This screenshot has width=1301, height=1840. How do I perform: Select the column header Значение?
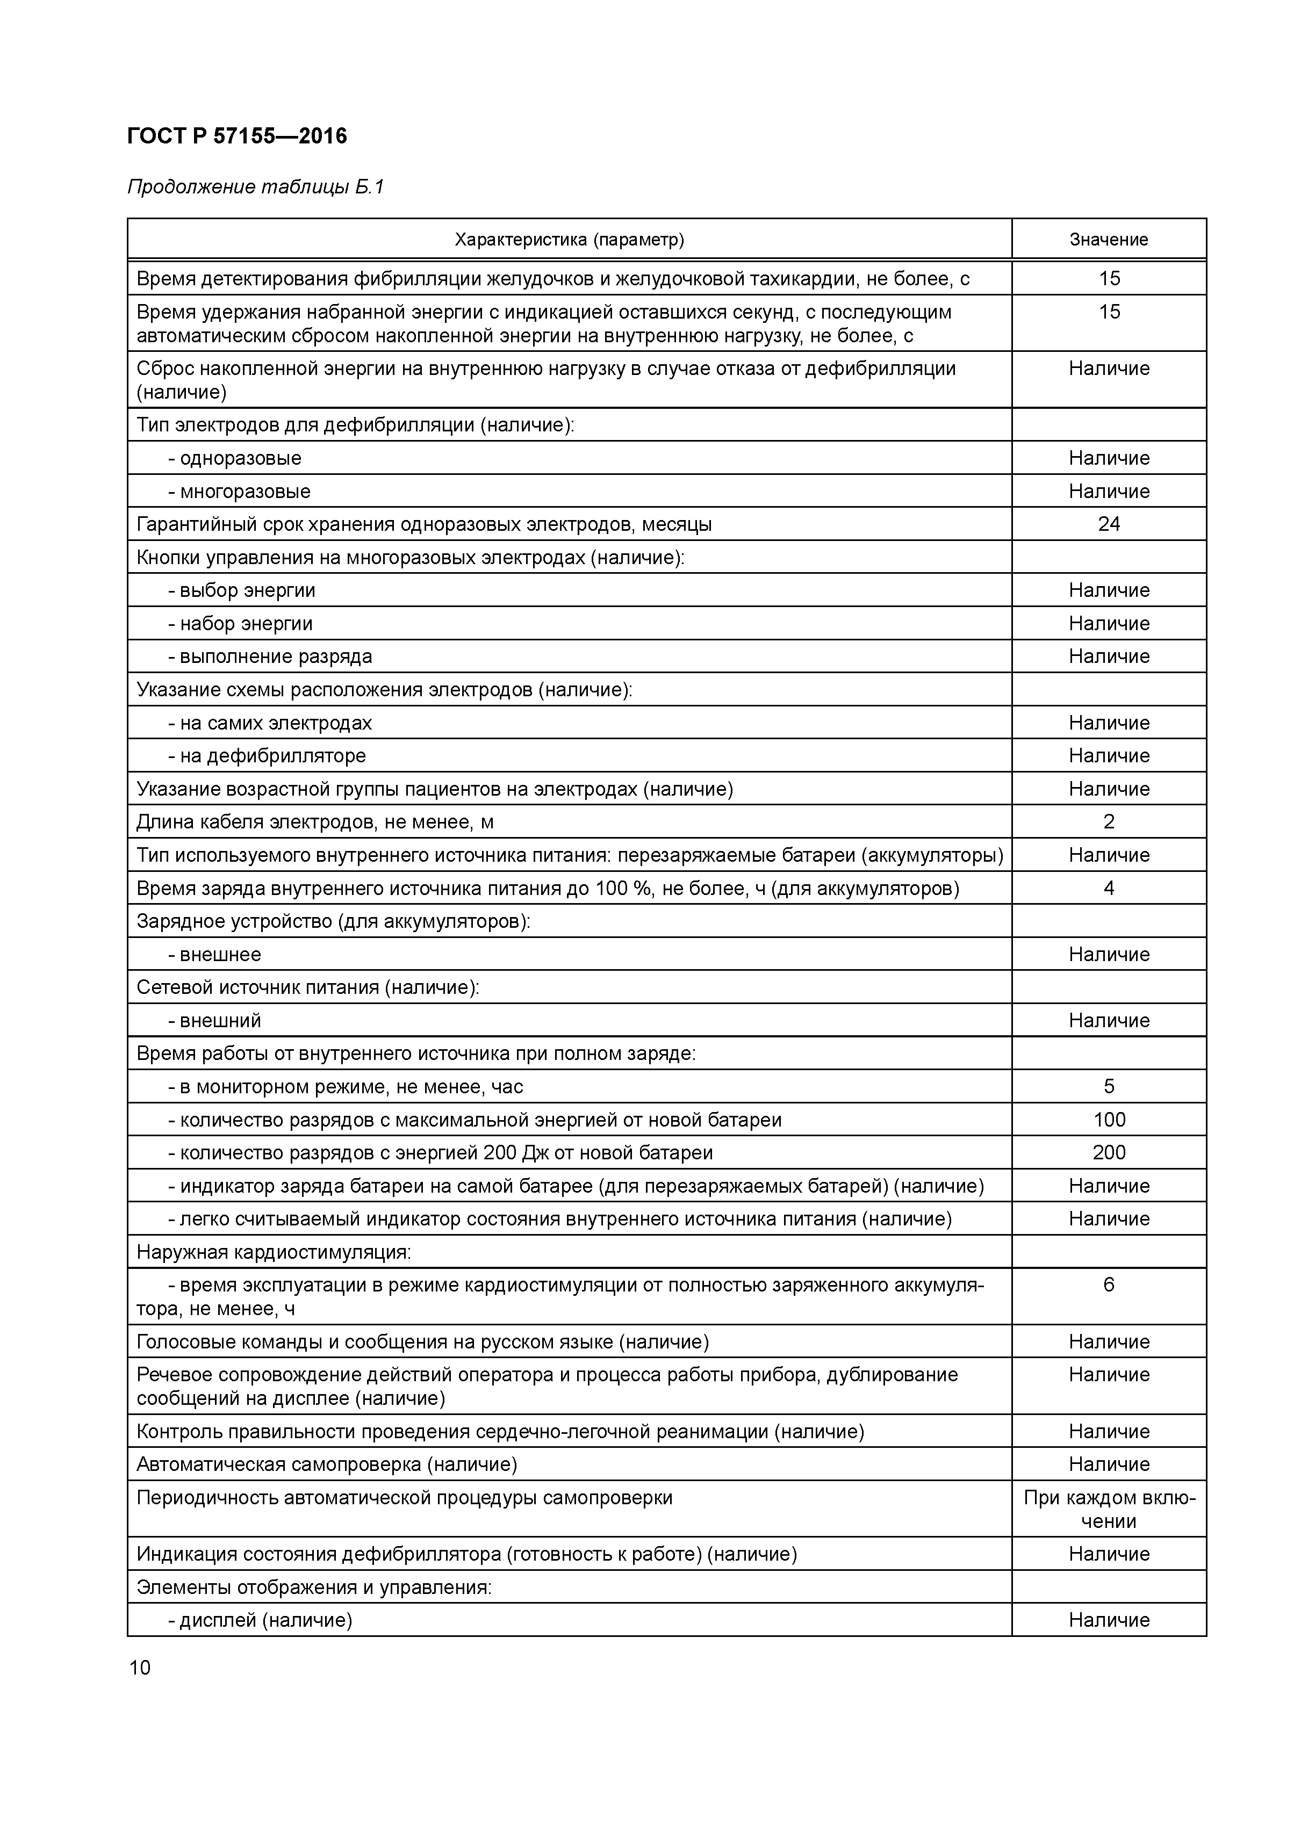(1108, 240)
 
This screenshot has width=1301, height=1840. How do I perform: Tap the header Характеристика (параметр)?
(569, 240)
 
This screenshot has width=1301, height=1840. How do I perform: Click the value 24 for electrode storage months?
(1108, 524)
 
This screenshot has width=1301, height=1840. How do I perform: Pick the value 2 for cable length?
(1108, 821)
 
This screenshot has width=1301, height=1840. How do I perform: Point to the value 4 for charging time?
(1108, 888)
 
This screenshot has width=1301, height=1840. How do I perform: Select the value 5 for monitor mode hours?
(1108, 1087)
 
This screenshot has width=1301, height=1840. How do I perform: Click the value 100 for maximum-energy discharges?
(1108, 1120)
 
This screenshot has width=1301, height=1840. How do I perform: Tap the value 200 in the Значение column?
(1108, 1152)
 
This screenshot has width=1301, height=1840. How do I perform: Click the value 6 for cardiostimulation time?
(1108, 1285)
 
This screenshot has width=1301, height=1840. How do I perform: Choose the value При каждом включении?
(1108, 1509)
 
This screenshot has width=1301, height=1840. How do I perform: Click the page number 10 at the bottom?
(140, 1668)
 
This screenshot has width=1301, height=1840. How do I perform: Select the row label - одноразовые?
(234, 458)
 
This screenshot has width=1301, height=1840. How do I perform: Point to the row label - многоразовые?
(239, 491)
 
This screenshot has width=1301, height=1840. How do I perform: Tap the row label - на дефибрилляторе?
(266, 756)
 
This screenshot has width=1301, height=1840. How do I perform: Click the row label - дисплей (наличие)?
(260, 1620)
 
